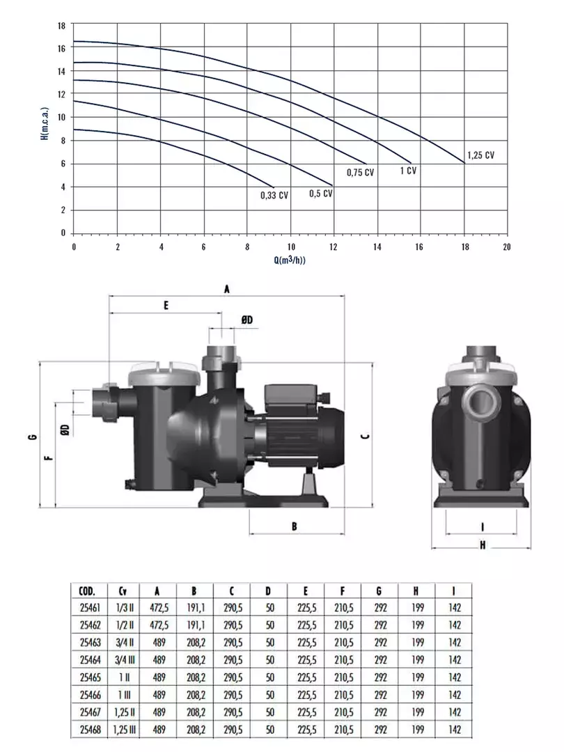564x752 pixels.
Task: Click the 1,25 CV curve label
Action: tap(480, 155)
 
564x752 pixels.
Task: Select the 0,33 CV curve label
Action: tap(274, 195)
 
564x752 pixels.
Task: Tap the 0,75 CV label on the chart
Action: tap(360, 172)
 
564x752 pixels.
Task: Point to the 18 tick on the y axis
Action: tap(61, 26)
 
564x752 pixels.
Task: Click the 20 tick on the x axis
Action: tap(506, 247)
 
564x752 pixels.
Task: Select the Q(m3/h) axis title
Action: tap(290, 260)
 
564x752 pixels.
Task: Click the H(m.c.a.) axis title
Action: tap(45, 123)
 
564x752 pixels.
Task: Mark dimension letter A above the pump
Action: tap(227, 289)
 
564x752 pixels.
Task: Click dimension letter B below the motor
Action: tap(294, 526)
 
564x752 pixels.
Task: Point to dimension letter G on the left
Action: tap(33, 437)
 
